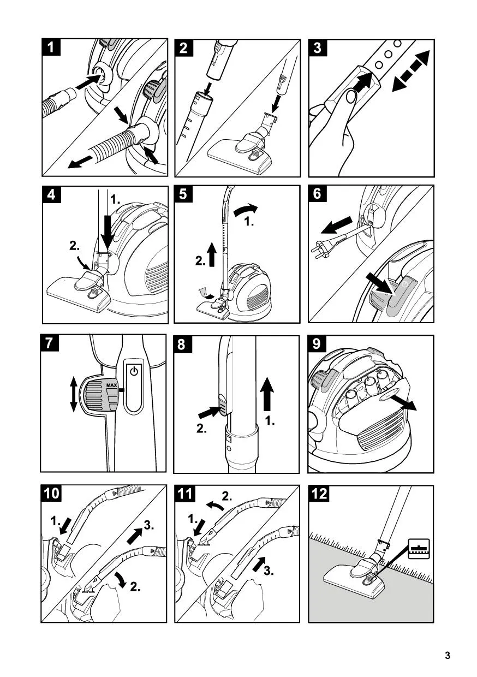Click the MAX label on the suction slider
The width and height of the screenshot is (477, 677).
pos(111,385)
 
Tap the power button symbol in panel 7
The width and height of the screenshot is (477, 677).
pos(134,371)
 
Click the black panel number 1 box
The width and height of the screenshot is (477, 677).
pos(51,47)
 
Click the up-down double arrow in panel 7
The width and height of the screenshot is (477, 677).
pos(73,395)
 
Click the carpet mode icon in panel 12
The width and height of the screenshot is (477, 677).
pos(419,549)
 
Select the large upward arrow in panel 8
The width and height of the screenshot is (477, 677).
pos(267,394)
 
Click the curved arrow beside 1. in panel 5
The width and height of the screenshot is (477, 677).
pos(246,210)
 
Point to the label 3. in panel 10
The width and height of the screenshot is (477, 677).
pos(148,526)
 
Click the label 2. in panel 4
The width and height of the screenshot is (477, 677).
pos(74,246)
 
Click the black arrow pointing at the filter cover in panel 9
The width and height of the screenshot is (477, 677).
pos(403,402)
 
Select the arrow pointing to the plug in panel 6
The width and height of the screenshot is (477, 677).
pos(336,225)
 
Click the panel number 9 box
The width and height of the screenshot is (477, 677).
pos(317,343)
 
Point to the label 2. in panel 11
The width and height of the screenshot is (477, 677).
pos(227,497)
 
